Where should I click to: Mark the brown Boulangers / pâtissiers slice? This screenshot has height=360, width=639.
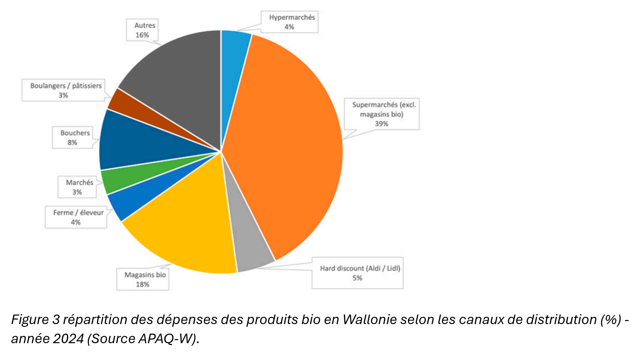tap(121, 100)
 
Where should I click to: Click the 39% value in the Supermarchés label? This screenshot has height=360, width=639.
tap(382, 123)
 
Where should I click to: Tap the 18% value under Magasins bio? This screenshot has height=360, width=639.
tap(142, 284)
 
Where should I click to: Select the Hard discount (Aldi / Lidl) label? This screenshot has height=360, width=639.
tap(357, 268)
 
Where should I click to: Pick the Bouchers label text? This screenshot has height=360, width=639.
tap(75, 133)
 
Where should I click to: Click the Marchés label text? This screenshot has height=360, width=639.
tap(76, 182)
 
